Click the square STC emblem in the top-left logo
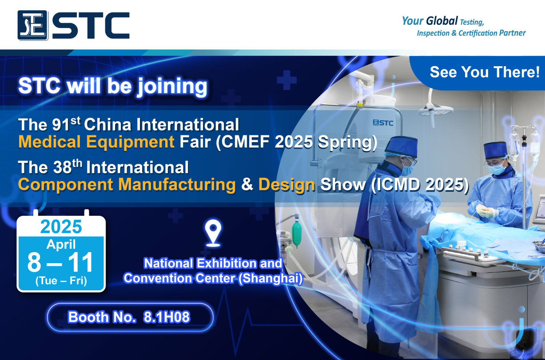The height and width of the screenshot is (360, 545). pos(32,25)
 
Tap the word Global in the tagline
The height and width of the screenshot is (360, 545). pos(442,21)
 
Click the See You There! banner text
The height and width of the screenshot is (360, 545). pos(485,72)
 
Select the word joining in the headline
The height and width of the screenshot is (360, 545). pos(172,87)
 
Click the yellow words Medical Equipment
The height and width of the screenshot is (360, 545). pos(96,142)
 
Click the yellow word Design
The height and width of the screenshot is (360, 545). pos(287,185)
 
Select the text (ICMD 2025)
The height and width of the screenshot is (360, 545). pos(420,185)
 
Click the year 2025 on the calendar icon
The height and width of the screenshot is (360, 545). pos(61,226)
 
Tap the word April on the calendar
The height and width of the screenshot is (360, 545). pos(61,244)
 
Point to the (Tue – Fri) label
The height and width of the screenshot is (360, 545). pos(61,281)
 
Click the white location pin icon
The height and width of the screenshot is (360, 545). pos(213,233)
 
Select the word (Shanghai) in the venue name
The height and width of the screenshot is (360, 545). pos(271,279)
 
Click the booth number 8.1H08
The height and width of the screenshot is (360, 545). pos(167,317)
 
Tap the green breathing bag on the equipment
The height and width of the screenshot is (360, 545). pos(297,233)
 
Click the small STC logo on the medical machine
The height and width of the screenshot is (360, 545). pos(383,123)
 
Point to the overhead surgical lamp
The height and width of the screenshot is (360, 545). pos(435,109)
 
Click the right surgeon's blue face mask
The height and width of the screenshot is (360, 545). pos(497,169)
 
